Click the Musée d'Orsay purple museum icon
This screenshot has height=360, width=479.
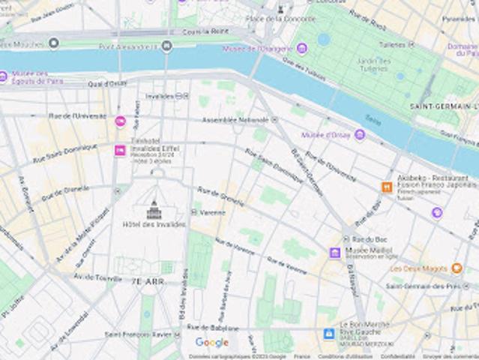pyautogui.click(x=360, y=135)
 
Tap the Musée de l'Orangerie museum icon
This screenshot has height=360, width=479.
pyautogui.click(x=301, y=49)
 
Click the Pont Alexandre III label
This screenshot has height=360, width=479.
pyautogui.click(x=130, y=46)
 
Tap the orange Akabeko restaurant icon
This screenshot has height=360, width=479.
pyautogui.click(x=387, y=187)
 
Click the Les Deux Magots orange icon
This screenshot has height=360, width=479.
pyautogui.click(x=457, y=268)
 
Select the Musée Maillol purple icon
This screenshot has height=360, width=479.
pyautogui.click(x=335, y=253)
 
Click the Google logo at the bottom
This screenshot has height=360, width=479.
pyautogui.click(x=212, y=343)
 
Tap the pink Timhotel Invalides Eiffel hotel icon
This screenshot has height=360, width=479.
pyautogui.click(x=119, y=151)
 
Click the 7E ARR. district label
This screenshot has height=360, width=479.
pyautogui.click(x=148, y=281)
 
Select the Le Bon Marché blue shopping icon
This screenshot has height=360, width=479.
pyautogui.click(x=328, y=334)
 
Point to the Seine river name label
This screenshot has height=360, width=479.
pyautogui.click(x=373, y=119)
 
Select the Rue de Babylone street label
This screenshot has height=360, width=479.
pyautogui.click(x=213, y=327)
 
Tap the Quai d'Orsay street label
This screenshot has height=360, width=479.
pyautogui.click(x=107, y=83)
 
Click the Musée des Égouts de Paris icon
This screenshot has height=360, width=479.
pyautogui.click(x=3, y=76)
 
